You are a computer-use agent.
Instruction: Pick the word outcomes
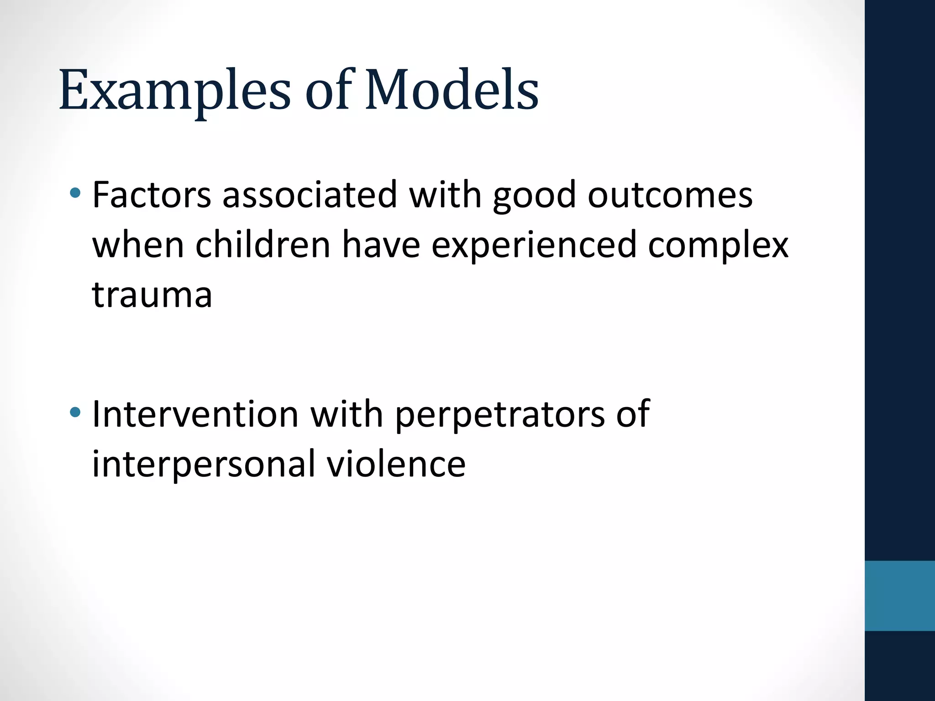[670, 196]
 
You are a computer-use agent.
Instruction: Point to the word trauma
[152, 295]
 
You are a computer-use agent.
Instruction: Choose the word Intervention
[195, 414]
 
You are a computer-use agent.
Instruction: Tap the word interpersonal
[204, 465]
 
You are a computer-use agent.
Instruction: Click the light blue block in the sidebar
[899, 596]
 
